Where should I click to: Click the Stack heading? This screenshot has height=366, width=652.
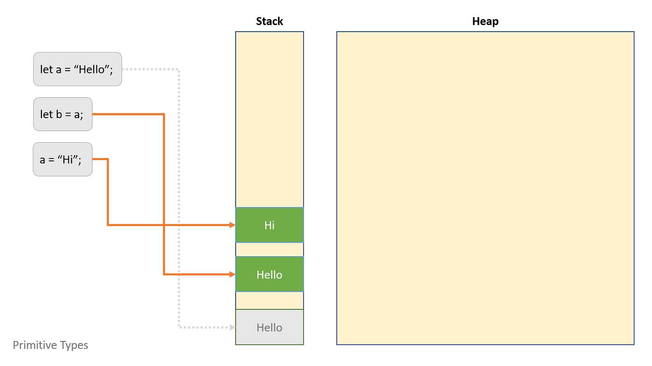pyautogui.click(x=269, y=21)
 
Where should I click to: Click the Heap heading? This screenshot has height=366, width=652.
pyautogui.click(x=485, y=21)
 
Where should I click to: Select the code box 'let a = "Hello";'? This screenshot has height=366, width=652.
pyautogui.click(x=77, y=69)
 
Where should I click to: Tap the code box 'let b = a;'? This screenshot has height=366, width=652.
pyautogui.click(x=62, y=114)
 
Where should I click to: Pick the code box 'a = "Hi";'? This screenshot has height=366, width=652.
pyautogui.click(x=62, y=159)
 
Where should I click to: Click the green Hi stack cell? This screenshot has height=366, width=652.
pyautogui.click(x=269, y=225)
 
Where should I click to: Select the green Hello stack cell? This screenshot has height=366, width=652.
pyautogui.click(x=269, y=274)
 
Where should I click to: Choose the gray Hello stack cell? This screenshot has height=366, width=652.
pyautogui.click(x=269, y=327)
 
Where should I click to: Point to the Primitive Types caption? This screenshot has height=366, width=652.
pyautogui.click(x=50, y=345)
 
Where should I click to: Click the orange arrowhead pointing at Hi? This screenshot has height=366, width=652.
pyautogui.click(x=232, y=225)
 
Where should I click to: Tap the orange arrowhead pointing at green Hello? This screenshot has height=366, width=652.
pyautogui.click(x=232, y=274)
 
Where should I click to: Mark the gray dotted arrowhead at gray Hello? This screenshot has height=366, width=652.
pyautogui.click(x=232, y=327)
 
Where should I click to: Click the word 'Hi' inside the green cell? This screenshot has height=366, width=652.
pyautogui.click(x=269, y=225)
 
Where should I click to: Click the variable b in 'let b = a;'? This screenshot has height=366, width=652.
pyautogui.click(x=59, y=114)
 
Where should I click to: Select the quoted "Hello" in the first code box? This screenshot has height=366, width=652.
pyautogui.click(x=95, y=70)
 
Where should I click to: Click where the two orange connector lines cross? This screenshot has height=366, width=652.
pyautogui.click(x=164, y=225)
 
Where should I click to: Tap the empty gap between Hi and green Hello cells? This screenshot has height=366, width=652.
pyautogui.click(x=269, y=250)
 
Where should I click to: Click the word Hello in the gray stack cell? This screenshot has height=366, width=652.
pyautogui.click(x=269, y=327)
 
